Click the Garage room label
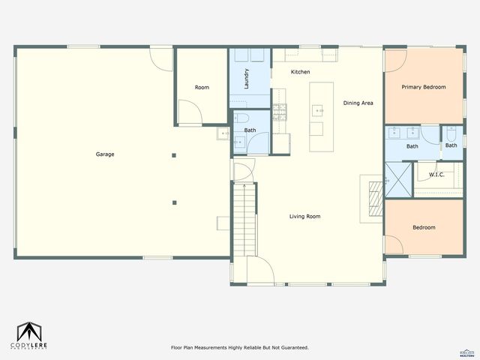click(x=105, y=154)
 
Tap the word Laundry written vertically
click(x=247, y=79)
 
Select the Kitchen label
click(x=301, y=72)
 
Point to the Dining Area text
click(x=358, y=103)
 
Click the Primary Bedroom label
click(x=423, y=87)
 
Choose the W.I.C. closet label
click(x=436, y=175)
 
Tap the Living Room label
click(x=305, y=217)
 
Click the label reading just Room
click(x=202, y=88)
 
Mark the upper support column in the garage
click(x=174, y=155)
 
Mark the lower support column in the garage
click(x=174, y=202)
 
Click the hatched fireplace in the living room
click(x=373, y=197)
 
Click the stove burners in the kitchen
click(x=279, y=112)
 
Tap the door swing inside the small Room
click(x=190, y=111)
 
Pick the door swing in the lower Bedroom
click(x=394, y=244)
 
